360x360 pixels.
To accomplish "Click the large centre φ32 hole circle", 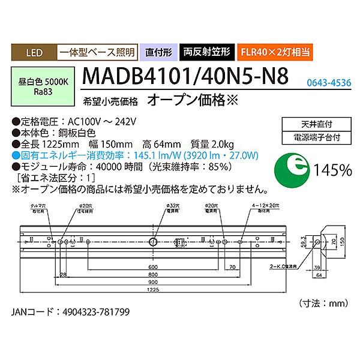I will click(x=154, y=242).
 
